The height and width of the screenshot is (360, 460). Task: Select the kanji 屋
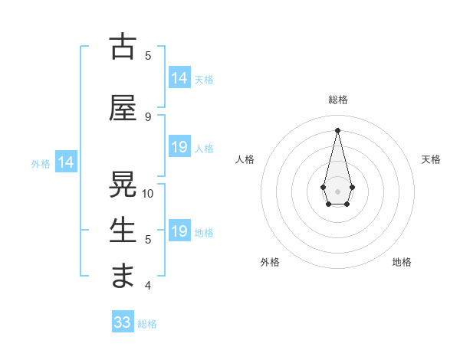[x=123, y=107]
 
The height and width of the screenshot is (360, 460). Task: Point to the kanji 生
[x=123, y=231]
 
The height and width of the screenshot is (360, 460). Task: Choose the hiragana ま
[x=123, y=276]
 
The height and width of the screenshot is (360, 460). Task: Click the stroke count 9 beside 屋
[x=148, y=116]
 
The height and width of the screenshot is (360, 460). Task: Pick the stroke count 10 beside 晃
[x=148, y=193]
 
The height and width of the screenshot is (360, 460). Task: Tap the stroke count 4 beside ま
[x=148, y=286]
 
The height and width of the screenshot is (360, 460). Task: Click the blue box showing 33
[x=123, y=322]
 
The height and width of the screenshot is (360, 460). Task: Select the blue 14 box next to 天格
[x=179, y=77]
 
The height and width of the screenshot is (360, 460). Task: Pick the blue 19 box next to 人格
[x=179, y=147]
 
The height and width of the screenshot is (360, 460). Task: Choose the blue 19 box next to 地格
[x=179, y=231]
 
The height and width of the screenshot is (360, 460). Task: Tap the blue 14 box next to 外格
[x=65, y=162]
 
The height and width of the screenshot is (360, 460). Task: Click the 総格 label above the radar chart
[x=337, y=100]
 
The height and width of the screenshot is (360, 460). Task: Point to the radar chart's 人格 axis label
[x=245, y=159]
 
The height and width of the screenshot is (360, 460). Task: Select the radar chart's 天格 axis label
[x=431, y=159]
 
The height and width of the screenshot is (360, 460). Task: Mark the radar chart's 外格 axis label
[x=270, y=262]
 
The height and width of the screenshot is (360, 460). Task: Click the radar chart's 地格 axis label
[x=402, y=262]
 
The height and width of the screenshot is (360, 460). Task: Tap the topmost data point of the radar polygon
[x=337, y=129]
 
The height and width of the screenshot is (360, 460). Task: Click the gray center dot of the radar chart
[x=337, y=191]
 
